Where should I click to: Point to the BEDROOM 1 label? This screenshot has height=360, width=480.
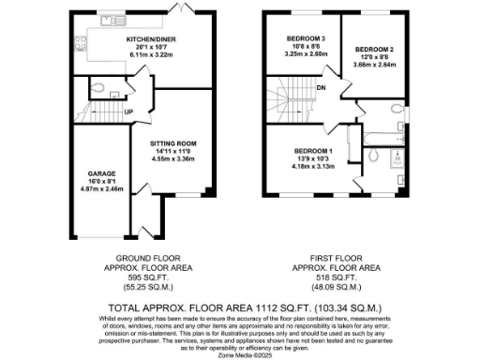click(313, 151)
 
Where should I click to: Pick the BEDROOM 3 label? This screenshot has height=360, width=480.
click(306, 38)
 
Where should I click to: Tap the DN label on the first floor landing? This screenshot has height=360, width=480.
click(321, 89)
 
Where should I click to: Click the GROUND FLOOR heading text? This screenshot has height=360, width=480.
click(142, 257)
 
